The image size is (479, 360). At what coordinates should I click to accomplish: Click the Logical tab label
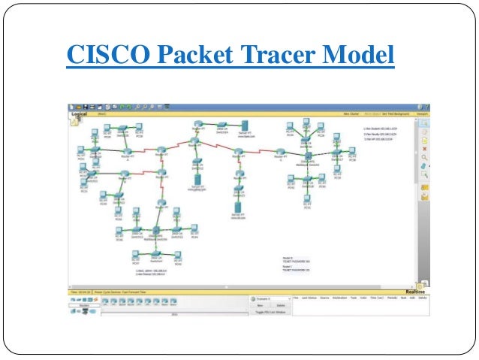pos(80,113)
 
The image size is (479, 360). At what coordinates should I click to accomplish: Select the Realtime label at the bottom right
pos(414,291)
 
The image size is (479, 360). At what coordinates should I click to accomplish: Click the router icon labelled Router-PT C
pos(279,152)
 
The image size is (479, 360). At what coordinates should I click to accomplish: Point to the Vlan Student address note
pos(380,129)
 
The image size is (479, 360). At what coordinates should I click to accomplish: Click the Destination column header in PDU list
pos(336,298)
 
